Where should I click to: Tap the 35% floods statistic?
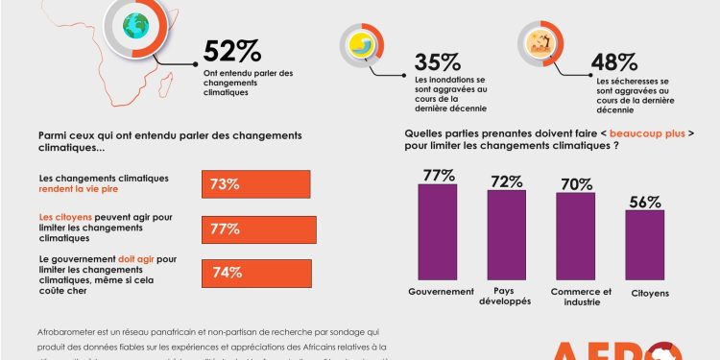[x=436, y=60]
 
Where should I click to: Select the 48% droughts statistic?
[x=613, y=61]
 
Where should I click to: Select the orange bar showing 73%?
[x=255, y=184]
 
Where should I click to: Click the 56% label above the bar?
[x=645, y=202]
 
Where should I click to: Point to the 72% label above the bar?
[x=506, y=180]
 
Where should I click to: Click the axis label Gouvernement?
[x=441, y=291]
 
